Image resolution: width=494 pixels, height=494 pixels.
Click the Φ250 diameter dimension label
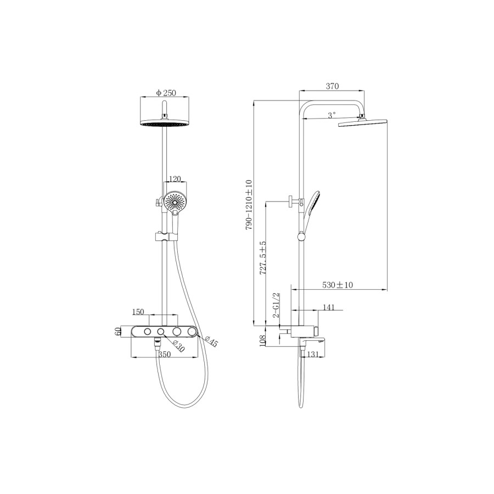click(166, 93)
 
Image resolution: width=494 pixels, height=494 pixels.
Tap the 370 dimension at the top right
click(333, 86)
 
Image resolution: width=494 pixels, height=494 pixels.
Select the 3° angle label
click(331, 115)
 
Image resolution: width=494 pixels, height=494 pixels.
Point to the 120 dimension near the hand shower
click(175, 179)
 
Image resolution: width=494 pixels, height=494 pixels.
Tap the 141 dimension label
click(329, 308)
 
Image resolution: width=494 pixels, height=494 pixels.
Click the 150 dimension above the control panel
click(138, 312)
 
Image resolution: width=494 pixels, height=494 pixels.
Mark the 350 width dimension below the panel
click(164, 355)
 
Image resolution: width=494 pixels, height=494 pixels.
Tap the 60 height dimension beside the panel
click(117, 332)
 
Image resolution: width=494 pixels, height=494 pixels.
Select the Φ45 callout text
click(211, 341)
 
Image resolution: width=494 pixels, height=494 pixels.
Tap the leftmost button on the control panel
click(147, 332)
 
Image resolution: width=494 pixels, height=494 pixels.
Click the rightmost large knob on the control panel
click(192, 332)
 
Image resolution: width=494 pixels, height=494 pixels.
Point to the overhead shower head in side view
click(363, 123)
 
